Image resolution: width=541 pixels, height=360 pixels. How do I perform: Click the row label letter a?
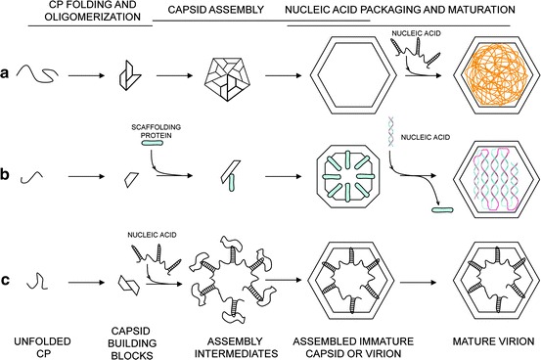5,73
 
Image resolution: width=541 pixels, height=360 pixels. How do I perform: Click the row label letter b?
5,174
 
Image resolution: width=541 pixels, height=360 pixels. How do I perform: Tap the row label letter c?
5,280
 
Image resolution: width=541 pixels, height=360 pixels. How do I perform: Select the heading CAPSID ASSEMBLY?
215,10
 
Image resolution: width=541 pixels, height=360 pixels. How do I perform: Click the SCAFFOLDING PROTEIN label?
156,131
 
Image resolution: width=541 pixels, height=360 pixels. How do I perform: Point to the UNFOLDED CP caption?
42,347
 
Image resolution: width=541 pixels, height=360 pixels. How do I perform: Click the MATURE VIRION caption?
493,341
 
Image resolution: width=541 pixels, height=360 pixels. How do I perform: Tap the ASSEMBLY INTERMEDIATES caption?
237,347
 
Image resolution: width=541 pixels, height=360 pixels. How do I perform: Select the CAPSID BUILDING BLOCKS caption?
132,343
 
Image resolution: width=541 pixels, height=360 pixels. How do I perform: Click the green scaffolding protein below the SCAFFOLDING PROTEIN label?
152,143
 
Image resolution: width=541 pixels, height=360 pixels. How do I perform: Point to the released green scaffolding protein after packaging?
442,209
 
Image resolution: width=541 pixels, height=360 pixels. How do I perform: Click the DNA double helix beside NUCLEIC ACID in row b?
391,131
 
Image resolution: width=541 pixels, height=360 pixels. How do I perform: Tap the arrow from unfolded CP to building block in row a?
86,75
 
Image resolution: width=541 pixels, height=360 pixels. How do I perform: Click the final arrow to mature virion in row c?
418,283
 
